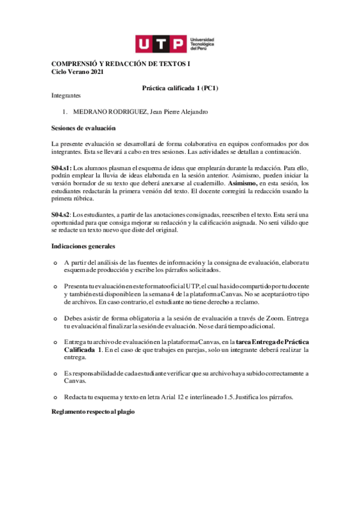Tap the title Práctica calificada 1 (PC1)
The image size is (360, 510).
[180, 88]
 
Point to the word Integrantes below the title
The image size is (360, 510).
[66, 96]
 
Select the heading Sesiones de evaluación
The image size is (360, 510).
[84, 128]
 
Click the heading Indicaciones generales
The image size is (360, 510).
[84, 247]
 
